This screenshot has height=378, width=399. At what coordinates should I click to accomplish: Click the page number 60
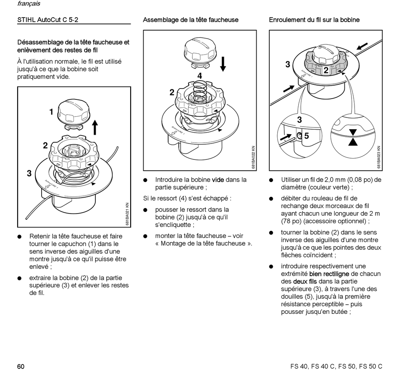21,366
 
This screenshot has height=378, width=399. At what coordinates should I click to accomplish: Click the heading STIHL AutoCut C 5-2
47,20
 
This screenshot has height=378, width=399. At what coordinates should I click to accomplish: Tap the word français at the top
29,4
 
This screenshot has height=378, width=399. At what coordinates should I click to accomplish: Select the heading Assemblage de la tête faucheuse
190,20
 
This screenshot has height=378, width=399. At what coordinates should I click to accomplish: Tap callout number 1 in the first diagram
51,112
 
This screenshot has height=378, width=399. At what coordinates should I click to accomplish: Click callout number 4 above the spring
199,76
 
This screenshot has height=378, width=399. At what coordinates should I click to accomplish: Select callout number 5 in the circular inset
307,136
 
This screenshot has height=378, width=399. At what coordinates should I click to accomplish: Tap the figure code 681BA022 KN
253,158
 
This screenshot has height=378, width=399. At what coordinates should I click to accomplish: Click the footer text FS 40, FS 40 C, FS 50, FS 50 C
336,366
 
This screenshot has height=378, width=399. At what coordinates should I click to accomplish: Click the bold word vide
218,180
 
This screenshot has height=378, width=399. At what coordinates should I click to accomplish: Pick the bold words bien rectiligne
329,274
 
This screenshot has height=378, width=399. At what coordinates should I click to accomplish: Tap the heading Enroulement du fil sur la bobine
314,20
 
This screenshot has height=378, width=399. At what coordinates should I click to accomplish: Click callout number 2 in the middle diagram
172,92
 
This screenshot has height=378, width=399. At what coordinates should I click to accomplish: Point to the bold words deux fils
305,281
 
